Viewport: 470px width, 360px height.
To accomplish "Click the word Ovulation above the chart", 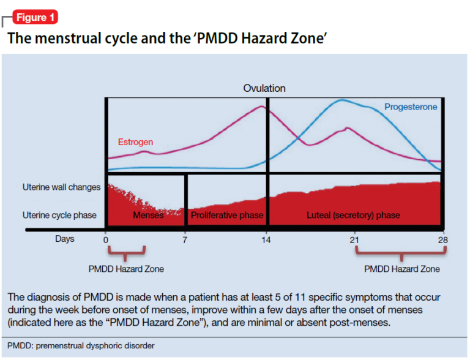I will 264,88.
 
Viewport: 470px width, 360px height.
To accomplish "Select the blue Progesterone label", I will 411,107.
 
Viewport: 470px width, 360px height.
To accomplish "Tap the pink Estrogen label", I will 135,142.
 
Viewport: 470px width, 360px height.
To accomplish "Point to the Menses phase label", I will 147,216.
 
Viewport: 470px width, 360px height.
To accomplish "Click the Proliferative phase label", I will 227,216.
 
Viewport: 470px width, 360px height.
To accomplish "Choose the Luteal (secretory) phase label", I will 353,216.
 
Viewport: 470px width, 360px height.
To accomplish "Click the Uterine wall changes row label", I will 61,187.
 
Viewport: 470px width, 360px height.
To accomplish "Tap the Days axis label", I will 65,239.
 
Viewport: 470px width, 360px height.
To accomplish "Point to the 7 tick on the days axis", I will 185,239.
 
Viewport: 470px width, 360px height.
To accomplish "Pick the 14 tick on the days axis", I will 267,239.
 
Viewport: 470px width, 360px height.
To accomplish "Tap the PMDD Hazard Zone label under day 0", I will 126,269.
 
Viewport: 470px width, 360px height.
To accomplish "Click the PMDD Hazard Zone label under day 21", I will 401,269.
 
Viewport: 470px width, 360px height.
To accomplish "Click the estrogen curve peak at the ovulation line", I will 263,107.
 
